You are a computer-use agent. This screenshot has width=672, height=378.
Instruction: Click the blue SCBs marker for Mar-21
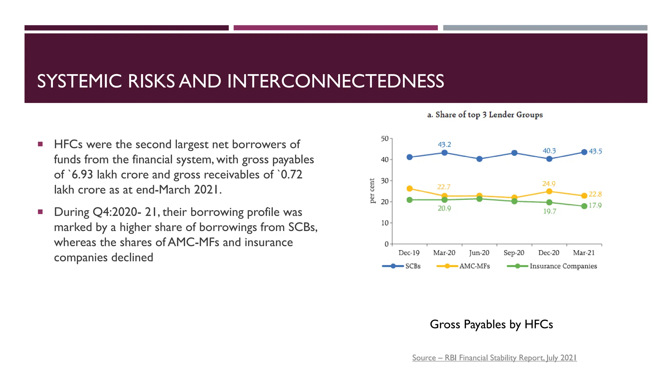click(584, 152)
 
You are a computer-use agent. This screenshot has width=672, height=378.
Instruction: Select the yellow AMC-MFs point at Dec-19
click(409, 189)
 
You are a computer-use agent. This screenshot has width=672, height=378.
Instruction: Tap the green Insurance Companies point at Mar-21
click(584, 206)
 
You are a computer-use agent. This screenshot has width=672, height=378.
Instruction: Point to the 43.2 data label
click(444, 145)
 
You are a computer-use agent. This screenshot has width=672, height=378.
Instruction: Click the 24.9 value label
click(549, 184)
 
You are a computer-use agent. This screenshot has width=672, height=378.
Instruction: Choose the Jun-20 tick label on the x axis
click(479, 253)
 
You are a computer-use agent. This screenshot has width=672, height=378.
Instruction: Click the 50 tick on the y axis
click(385, 139)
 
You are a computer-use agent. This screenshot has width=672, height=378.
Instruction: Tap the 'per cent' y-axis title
click(372, 191)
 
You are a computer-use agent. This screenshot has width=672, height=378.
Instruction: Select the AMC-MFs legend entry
click(474, 266)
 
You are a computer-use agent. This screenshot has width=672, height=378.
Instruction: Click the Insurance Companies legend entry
click(563, 266)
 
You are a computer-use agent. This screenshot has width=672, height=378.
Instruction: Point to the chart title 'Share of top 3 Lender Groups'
click(485, 115)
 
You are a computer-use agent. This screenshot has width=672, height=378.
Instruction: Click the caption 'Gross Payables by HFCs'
click(491, 325)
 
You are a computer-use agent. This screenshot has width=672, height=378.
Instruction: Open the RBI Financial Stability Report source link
click(494, 358)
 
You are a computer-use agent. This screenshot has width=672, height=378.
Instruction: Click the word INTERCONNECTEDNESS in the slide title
click(335, 81)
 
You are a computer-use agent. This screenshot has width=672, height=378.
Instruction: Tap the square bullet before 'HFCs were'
click(40, 144)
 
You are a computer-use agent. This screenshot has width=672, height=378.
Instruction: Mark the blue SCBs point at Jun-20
click(479, 159)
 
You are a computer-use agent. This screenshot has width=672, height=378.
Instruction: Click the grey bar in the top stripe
click(545, 28)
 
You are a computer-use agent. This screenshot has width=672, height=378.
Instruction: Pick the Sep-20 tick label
click(514, 253)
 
